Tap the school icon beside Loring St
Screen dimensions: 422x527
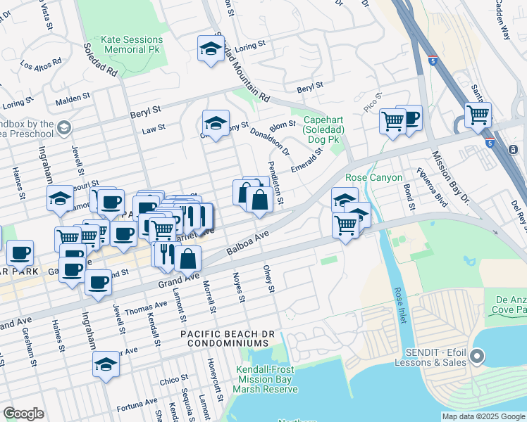coord(210,49)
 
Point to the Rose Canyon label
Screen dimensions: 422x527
coord(373,177)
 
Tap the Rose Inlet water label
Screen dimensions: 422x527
coord(399,302)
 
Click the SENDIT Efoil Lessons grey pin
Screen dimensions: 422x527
coord(477,357)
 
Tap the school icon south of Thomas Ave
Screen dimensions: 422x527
coord(106,364)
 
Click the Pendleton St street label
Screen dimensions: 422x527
coord(274,183)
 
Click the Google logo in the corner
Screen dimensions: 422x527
coord(23,414)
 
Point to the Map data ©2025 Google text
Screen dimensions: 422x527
coord(483,416)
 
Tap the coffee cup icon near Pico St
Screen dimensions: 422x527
coord(409,117)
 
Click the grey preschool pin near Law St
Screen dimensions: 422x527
coord(64,127)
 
